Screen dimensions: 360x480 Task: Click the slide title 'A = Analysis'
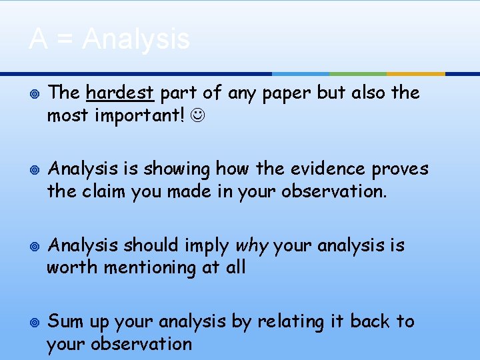[109, 39]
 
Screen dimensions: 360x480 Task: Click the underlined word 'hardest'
[120, 93]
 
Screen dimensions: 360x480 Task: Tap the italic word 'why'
[251, 246]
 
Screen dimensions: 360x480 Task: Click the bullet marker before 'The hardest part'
[34, 93]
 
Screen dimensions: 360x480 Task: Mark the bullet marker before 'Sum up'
[34, 323]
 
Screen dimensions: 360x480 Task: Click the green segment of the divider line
[358, 73]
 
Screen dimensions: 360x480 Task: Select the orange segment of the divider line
[415, 73]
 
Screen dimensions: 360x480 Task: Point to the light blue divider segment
[301, 73]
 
